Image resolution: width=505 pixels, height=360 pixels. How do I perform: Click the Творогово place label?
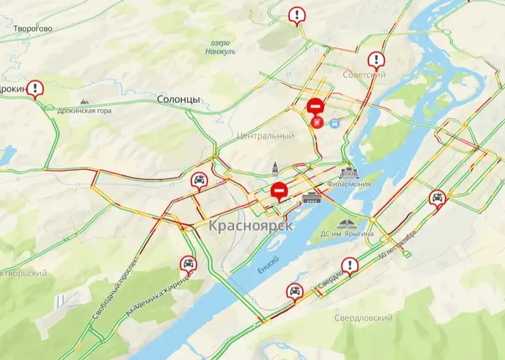[x=33, y=29]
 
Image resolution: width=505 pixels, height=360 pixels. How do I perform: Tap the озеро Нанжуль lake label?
[x=220, y=46]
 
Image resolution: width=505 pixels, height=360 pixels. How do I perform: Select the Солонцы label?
[x=178, y=100]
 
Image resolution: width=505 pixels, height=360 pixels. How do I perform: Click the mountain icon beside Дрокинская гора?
[x=84, y=101]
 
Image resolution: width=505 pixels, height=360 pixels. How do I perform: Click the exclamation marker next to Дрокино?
[x=35, y=88]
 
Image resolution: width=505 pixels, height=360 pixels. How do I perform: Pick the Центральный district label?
[x=265, y=136]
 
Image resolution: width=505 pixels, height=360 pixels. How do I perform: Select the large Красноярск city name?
[x=251, y=226]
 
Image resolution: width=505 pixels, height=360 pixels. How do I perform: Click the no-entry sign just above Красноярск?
[x=278, y=190]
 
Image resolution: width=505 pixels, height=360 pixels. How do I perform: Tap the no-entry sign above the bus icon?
[x=315, y=106]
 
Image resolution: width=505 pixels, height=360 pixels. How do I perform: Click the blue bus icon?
[x=334, y=123]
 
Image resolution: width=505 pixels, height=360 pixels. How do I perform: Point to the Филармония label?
[x=349, y=184]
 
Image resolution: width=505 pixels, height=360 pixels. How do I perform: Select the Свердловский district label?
[x=364, y=318]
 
